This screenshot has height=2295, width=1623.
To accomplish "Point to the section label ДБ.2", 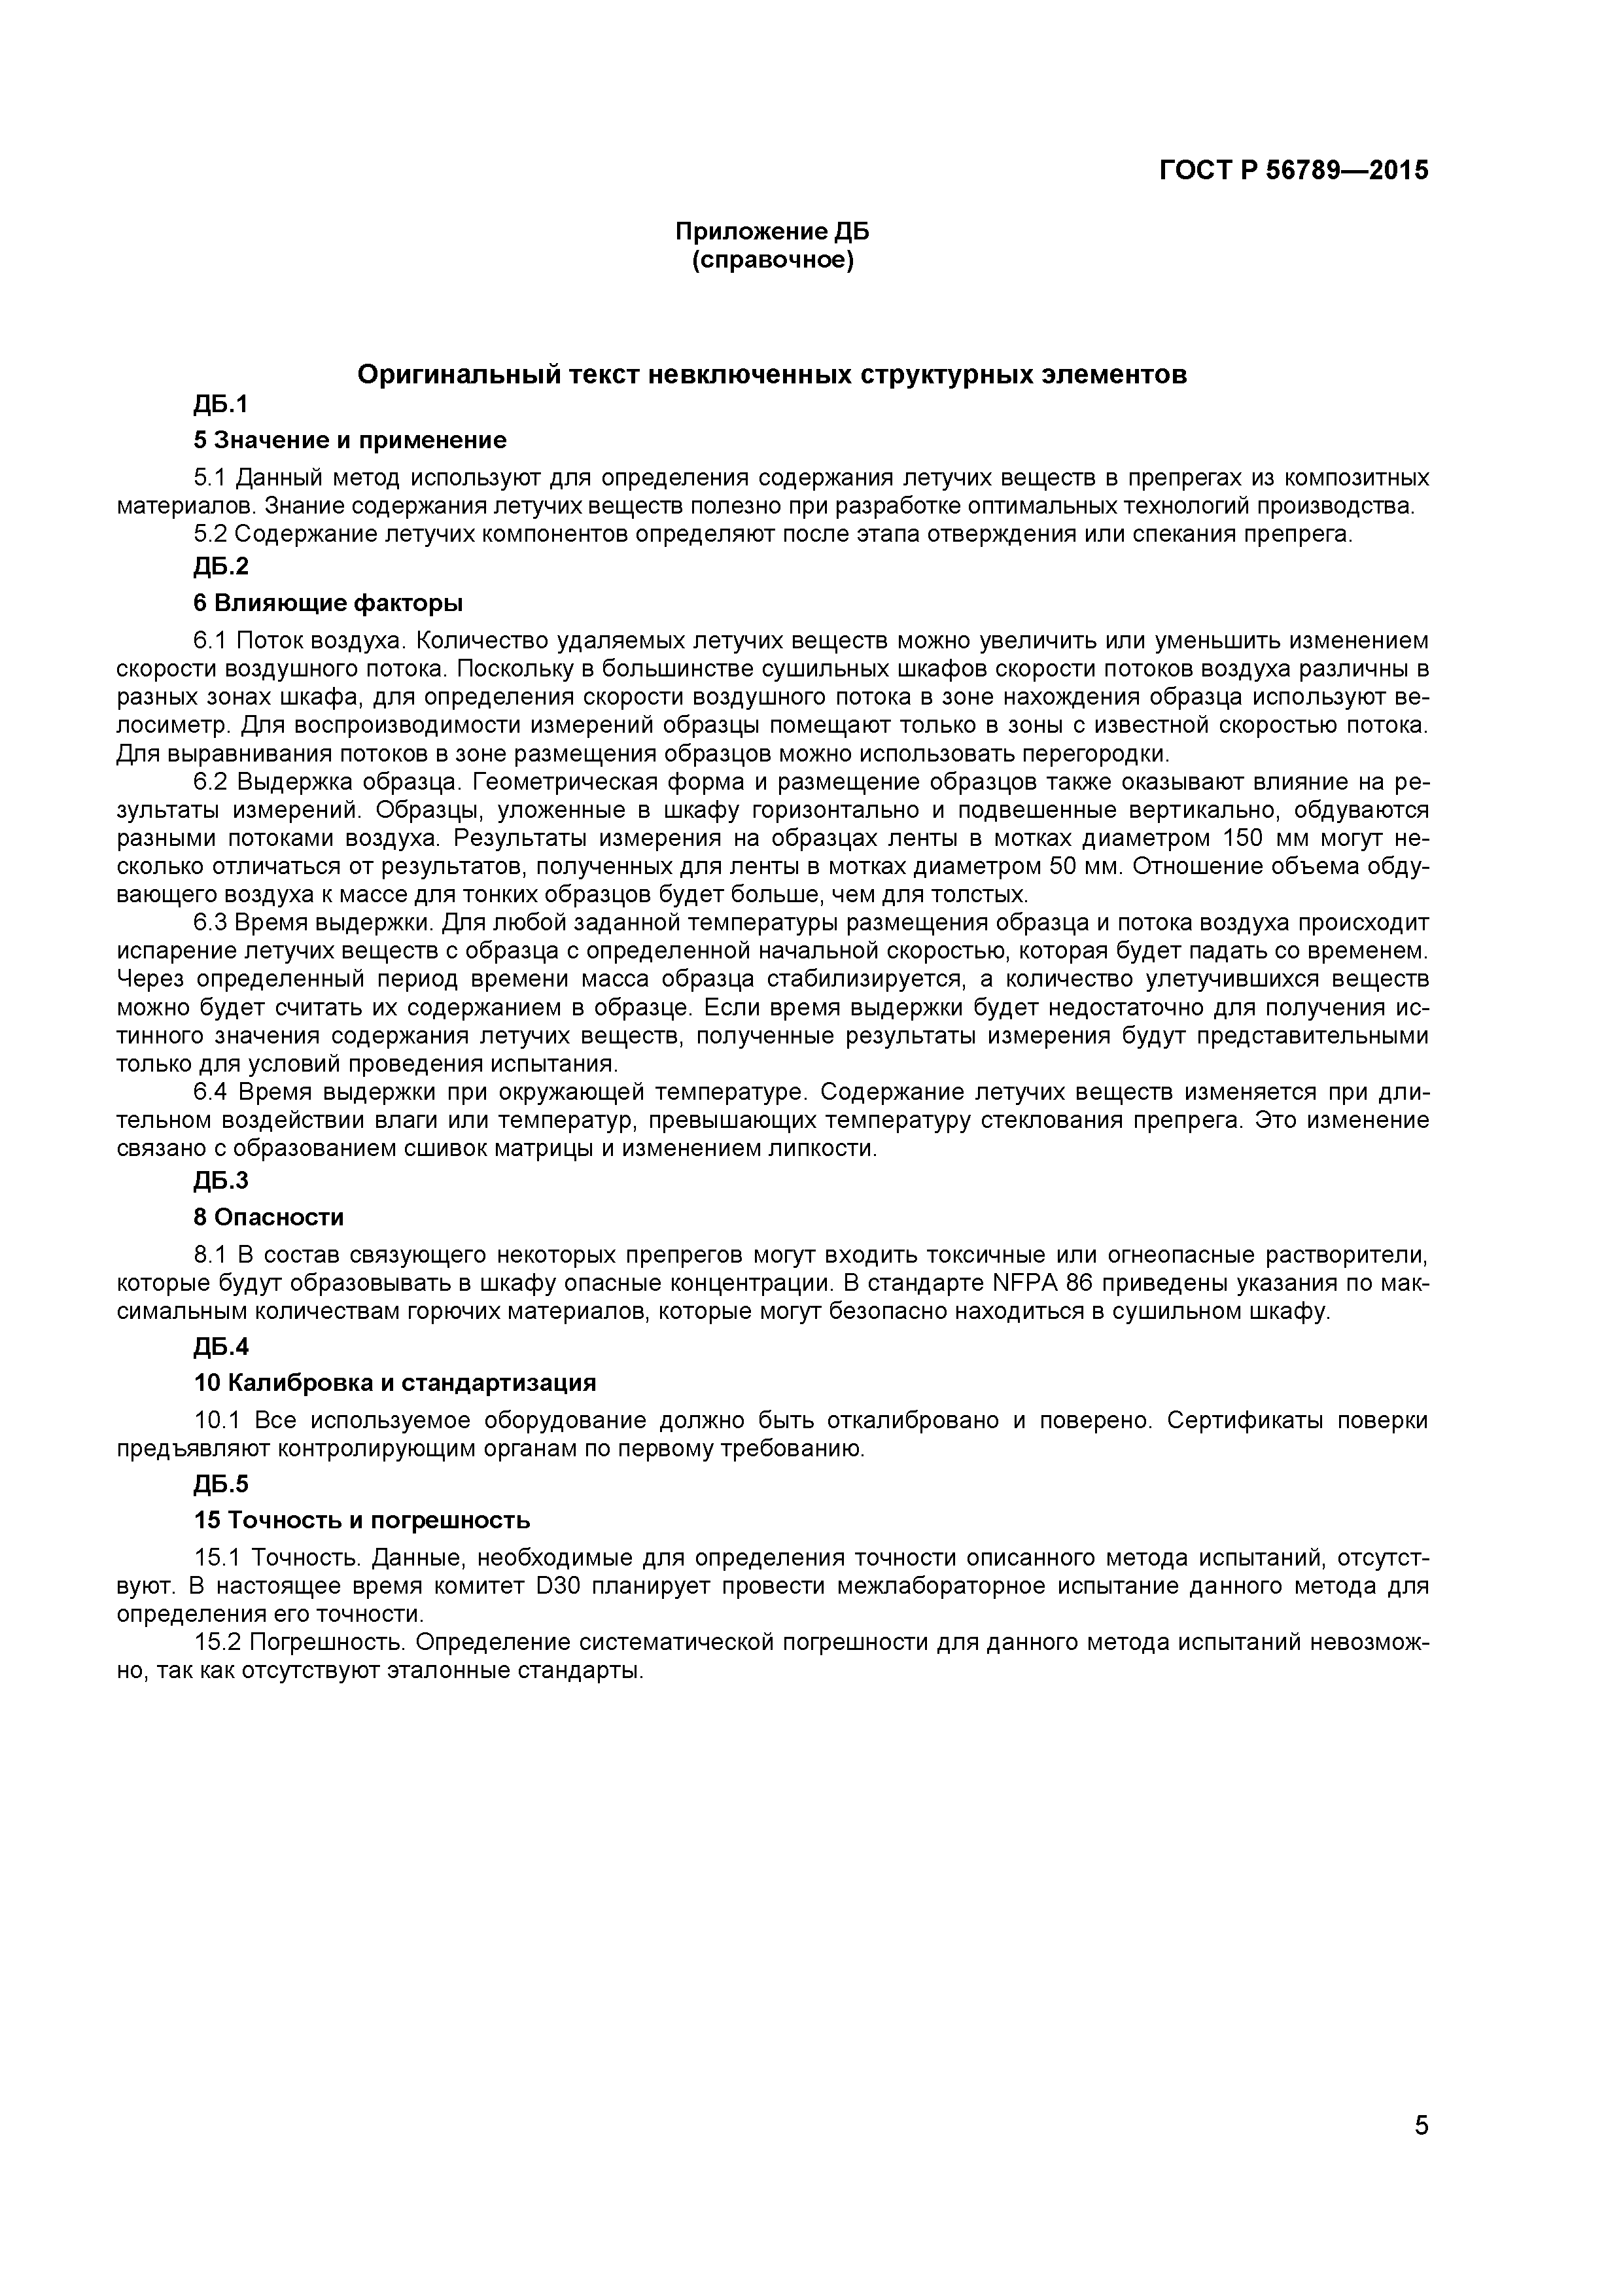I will pos(221,567).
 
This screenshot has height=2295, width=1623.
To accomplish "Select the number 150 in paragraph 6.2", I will pos(1244,837).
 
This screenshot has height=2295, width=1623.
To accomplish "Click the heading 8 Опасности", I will pos(269,1218).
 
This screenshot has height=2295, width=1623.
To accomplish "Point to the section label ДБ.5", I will pos(221,1483).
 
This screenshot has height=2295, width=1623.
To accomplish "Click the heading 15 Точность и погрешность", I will pos(362,1520).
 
